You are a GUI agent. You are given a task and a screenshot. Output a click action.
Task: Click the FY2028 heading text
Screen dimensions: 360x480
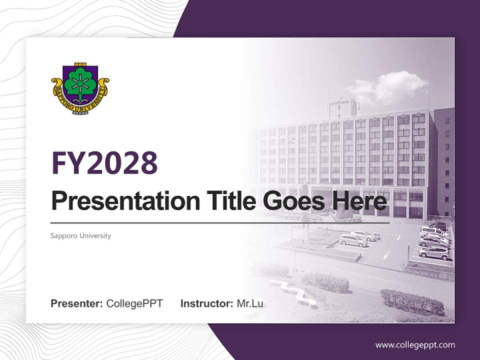click(x=104, y=162)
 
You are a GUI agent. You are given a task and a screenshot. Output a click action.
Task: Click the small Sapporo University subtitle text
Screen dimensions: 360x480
click(x=80, y=235)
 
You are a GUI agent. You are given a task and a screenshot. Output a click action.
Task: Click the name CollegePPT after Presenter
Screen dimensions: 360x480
click(x=134, y=303)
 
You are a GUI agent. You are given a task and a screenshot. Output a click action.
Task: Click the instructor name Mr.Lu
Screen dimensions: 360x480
click(x=249, y=303)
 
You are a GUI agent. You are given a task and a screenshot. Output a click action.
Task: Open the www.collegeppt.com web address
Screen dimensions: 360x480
click(x=415, y=345)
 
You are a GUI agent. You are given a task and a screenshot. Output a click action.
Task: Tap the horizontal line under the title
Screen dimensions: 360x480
click(x=220, y=223)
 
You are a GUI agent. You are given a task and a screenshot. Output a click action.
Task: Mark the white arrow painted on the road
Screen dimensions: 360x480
click(x=385, y=254)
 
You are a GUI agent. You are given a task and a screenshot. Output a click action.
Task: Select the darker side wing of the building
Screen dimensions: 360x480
click(x=443, y=165)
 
